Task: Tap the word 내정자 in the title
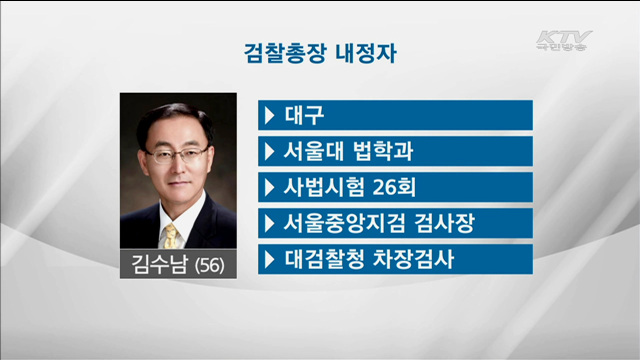click(368, 53)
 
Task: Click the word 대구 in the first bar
click(300, 115)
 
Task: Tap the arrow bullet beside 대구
click(269, 115)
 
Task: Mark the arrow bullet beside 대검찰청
click(269, 259)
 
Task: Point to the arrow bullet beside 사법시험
click(269, 187)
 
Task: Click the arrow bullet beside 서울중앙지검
click(269, 223)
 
